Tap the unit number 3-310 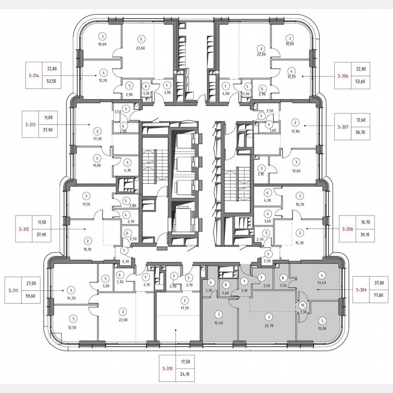167,368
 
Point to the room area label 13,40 322,282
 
